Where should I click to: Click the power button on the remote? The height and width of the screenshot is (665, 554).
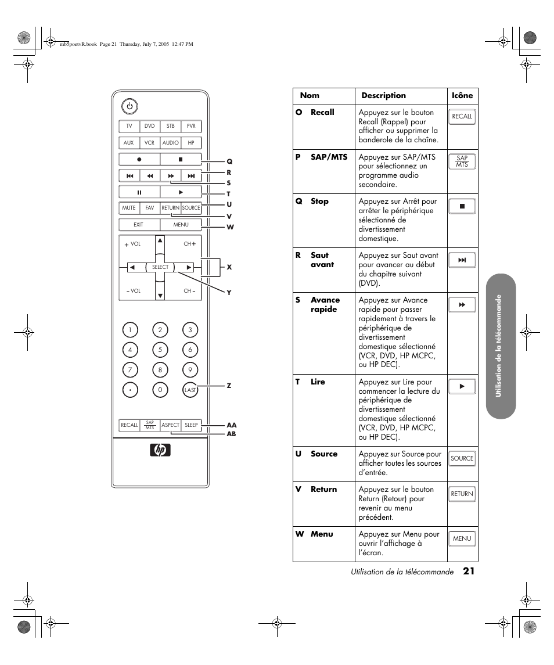coord(129,106)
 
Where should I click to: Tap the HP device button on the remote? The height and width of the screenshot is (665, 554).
coord(191,142)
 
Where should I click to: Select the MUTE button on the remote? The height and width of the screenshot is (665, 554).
coord(129,207)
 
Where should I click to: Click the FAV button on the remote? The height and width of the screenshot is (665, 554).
coord(150,207)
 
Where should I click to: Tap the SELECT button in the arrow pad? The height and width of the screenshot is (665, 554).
coord(160,267)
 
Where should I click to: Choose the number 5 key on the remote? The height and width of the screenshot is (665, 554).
coord(160,350)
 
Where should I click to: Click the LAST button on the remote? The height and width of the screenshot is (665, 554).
coord(190,390)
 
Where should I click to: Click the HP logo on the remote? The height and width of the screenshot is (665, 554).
coord(160,450)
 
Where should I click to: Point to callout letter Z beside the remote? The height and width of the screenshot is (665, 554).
coord(229,386)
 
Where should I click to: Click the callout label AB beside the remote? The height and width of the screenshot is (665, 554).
coord(231,434)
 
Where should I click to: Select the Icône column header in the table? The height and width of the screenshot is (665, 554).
coord(462,96)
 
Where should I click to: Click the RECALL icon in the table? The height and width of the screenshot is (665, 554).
coord(462,116)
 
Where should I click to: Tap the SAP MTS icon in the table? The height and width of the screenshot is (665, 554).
coord(462,161)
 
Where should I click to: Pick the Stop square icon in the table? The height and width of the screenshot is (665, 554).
coord(462,206)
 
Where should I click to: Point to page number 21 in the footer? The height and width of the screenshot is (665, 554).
coord(469,571)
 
